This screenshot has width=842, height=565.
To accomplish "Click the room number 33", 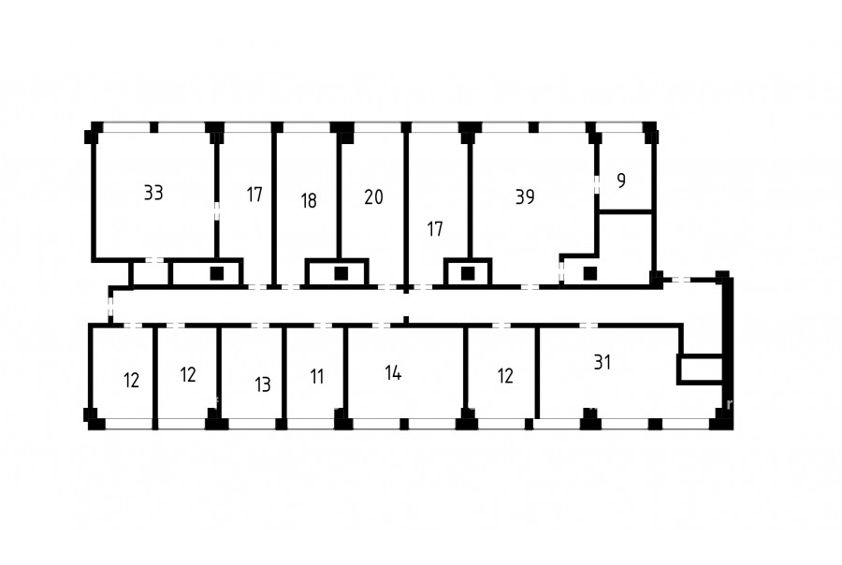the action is (x=153, y=193).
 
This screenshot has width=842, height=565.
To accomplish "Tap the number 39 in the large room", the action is (x=525, y=196).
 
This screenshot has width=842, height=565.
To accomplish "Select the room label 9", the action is (x=621, y=181).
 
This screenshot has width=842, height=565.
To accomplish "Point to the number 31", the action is (x=602, y=362).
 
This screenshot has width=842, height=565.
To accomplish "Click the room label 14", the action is (x=393, y=372).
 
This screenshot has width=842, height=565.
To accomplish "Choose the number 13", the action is (x=263, y=384).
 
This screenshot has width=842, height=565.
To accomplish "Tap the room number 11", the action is (x=317, y=376).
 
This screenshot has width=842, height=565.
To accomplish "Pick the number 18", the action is (x=308, y=200).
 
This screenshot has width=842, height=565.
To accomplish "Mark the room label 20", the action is (x=373, y=196).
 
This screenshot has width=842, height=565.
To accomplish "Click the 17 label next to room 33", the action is (x=254, y=194).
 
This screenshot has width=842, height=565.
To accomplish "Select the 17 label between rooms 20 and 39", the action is (x=434, y=229).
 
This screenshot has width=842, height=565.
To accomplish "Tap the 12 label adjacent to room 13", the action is (x=188, y=374).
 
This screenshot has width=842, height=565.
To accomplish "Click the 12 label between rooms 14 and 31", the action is (x=505, y=376).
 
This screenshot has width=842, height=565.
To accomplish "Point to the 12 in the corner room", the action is (x=131, y=380).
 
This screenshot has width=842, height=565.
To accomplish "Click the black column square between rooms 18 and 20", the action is (x=341, y=273).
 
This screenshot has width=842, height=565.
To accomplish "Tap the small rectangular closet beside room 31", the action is (x=701, y=369).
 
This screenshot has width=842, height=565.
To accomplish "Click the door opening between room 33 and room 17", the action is (x=217, y=210).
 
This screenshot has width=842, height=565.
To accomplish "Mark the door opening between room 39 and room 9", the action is (x=597, y=183).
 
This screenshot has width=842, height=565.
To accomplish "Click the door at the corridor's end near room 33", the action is (x=110, y=307).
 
